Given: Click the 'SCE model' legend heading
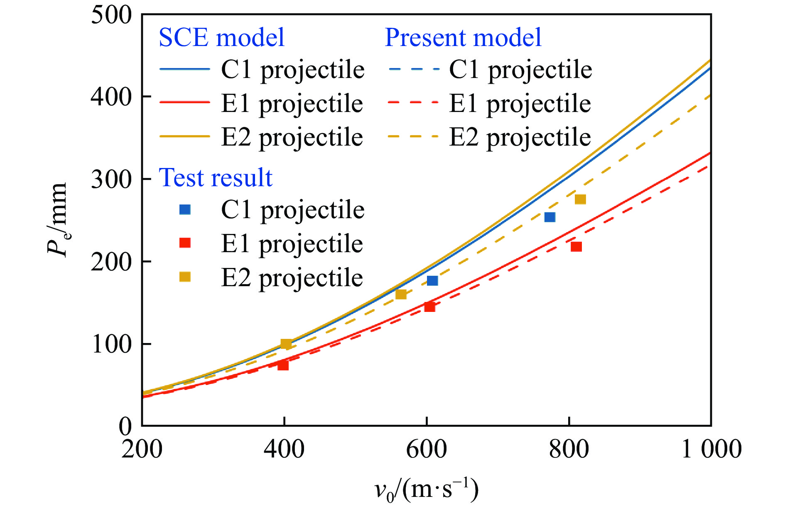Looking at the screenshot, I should click(221, 38).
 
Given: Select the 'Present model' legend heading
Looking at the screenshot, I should click(463, 38).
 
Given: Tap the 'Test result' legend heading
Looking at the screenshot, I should click(215, 178).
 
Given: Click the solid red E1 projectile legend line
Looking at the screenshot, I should click(185, 102).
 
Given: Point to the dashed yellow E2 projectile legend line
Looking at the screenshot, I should click(413, 136).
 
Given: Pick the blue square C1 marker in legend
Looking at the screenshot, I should click(185, 209).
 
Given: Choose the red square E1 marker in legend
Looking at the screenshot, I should click(185, 243).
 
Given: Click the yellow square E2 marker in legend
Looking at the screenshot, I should click(185, 277).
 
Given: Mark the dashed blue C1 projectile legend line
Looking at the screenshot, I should click(413, 68).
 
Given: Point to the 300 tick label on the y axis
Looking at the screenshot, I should click(111, 179).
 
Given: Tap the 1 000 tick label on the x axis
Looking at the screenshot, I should click(711, 449).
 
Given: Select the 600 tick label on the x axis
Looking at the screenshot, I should click(426, 449).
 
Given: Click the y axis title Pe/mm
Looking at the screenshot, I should click(57, 220).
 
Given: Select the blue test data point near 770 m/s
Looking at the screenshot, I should click(550, 217).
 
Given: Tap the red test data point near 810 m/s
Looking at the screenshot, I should click(576, 247).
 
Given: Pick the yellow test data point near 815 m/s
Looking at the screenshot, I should click(580, 200).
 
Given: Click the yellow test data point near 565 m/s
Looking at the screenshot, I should click(401, 294).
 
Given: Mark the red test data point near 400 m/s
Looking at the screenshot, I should click(283, 365).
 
